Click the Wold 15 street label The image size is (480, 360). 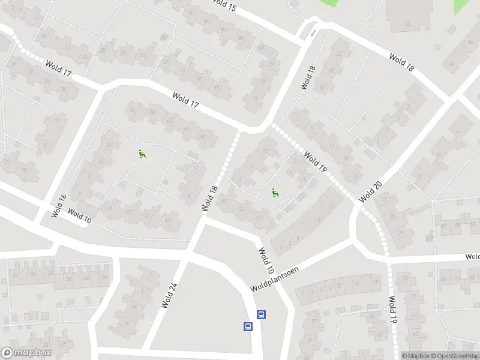[224, 6]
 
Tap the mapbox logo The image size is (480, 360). [26, 353]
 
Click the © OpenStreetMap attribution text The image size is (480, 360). [448, 356]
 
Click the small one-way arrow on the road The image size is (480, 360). [313, 31]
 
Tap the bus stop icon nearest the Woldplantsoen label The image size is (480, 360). [262, 314]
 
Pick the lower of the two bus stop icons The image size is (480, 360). [248, 327]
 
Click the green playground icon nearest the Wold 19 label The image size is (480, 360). [275, 193]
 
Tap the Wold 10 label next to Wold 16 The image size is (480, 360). [79, 216]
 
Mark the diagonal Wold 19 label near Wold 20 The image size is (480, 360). [314, 163]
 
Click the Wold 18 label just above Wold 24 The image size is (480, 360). [208, 198]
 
